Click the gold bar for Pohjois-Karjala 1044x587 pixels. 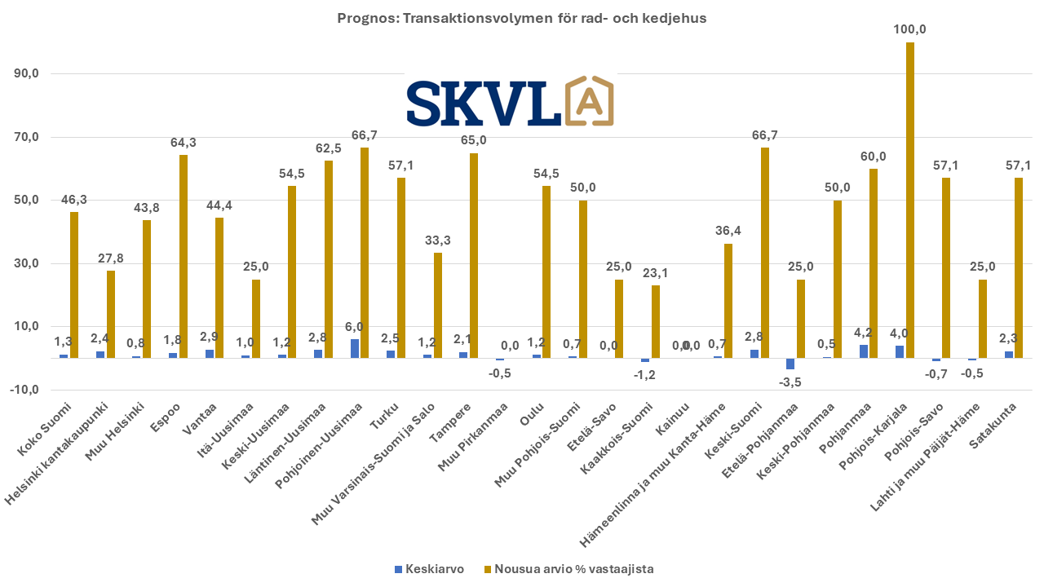pyautogui.click(x=909, y=200)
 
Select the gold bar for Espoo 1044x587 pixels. pyautogui.click(x=183, y=256)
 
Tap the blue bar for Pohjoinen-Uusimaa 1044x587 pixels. pyautogui.click(x=354, y=348)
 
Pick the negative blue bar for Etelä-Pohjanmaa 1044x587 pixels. pyautogui.click(x=790, y=364)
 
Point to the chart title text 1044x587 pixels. pyautogui.click(x=522, y=18)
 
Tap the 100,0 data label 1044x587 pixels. pyautogui.click(x=910, y=29)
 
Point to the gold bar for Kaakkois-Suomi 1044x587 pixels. pyautogui.click(x=655, y=321)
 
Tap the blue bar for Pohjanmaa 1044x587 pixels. pyautogui.click(x=863, y=351)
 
